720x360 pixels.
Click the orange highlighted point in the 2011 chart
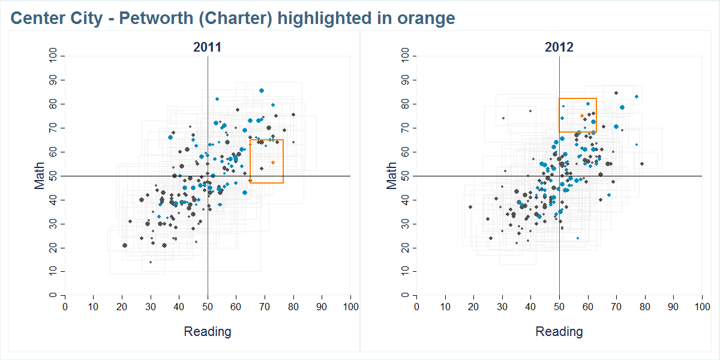(x=273, y=163)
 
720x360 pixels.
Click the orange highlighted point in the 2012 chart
(x=581, y=116)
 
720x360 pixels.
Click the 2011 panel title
(x=207, y=47)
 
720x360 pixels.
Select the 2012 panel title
(x=559, y=47)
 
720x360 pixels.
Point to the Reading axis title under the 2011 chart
(x=207, y=331)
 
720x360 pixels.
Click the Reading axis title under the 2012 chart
(x=559, y=331)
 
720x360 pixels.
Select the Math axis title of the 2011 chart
(x=40, y=176)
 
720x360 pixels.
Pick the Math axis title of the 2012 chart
(x=392, y=176)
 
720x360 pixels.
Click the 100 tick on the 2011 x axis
(x=350, y=307)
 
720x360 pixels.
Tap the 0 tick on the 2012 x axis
(x=416, y=307)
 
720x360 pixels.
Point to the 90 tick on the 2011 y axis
(x=53, y=80)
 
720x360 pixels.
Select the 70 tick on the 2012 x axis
(x=616, y=307)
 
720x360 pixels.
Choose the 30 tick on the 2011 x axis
(x=151, y=307)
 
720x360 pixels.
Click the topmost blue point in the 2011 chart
(x=262, y=91)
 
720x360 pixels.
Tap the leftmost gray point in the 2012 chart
(x=470, y=207)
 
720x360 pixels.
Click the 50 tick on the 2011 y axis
(x=53, y=176)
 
